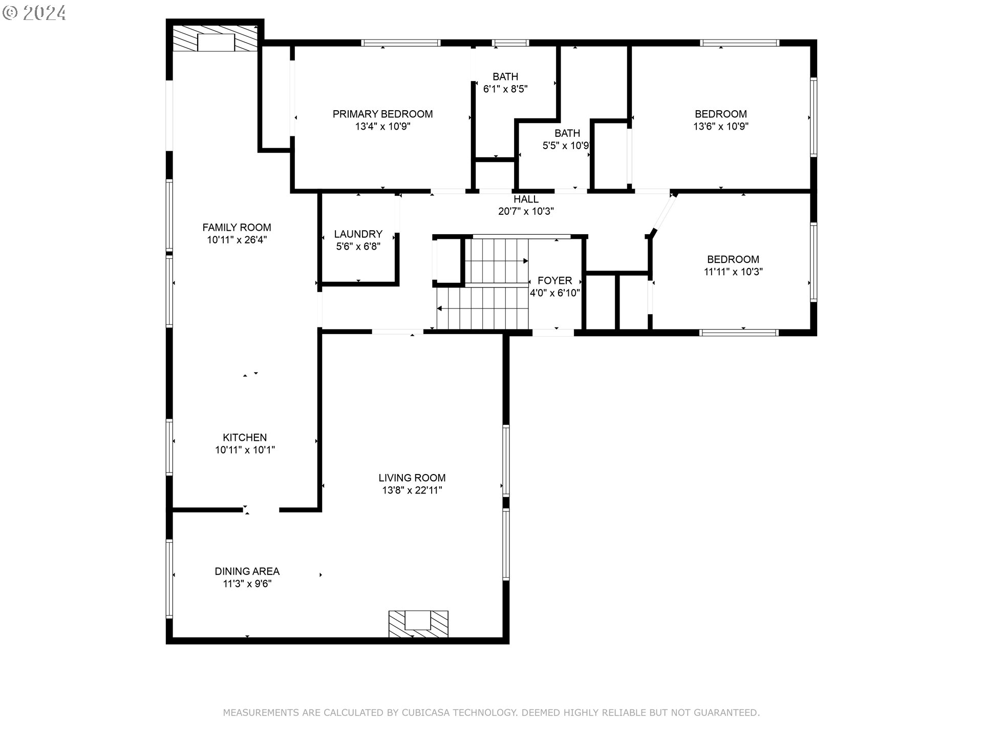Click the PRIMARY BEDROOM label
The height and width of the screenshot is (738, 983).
point(382,114)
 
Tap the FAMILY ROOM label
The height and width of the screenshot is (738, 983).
point(237,227)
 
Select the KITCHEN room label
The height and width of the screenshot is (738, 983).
point(245,437)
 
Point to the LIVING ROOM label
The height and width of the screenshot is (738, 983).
point(412,478)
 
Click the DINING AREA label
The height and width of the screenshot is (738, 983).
point(247,571)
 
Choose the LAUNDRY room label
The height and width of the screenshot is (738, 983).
point(358,234)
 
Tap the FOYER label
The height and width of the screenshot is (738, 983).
point(555,280)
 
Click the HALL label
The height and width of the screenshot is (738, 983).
point(526,199)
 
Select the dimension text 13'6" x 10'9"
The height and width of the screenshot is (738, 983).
point(721,126)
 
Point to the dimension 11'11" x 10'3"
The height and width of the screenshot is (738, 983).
point(733,272)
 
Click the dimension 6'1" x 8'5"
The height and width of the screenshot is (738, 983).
point(505,89)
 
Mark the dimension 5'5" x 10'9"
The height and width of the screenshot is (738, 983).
point(566,146)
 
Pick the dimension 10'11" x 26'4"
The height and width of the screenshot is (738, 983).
point(237,239)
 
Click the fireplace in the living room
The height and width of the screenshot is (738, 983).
point(418,624)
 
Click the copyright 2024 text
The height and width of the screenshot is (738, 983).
point(34,13)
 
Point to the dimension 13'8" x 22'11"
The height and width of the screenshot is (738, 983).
point(412,490)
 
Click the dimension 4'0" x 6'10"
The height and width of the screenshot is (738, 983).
point(555,293)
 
